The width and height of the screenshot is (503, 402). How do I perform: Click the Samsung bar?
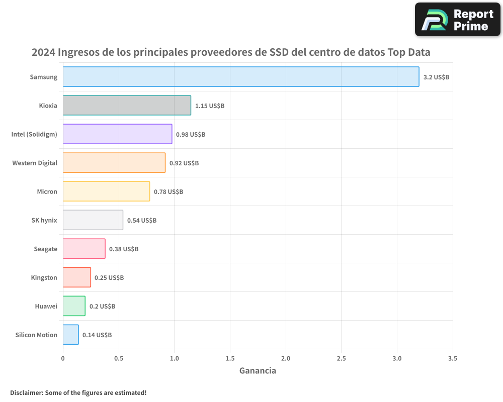point(240,77)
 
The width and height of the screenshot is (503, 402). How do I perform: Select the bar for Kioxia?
point(127,106)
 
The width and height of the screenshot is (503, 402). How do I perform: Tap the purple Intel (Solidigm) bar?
point(117,134)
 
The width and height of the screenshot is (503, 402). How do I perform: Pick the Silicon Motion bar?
point(70,335)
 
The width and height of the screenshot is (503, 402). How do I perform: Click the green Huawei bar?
point(74,306)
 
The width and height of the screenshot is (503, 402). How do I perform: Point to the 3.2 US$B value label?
point(436,77)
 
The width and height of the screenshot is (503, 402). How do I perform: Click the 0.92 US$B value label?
point(184,163)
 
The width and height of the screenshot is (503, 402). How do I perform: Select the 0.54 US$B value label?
point(142,221)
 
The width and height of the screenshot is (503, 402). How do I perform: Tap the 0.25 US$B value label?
point(109,278)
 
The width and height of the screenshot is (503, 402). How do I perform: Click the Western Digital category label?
point(35,163)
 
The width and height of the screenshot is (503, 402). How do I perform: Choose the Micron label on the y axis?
point(47,191)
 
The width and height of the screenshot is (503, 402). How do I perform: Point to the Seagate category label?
point(45,249)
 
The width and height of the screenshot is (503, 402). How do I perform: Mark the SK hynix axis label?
point(44,220)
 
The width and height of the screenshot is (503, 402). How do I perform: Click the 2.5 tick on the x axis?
point(341,359)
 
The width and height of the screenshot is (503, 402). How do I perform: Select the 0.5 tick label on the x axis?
point(119,359)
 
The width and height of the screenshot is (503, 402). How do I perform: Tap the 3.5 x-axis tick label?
point(452,359)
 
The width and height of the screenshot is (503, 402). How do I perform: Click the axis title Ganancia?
point(258,371)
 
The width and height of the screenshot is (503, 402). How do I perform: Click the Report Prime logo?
point(458,20)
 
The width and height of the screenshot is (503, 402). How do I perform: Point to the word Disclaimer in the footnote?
point(26,392)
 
